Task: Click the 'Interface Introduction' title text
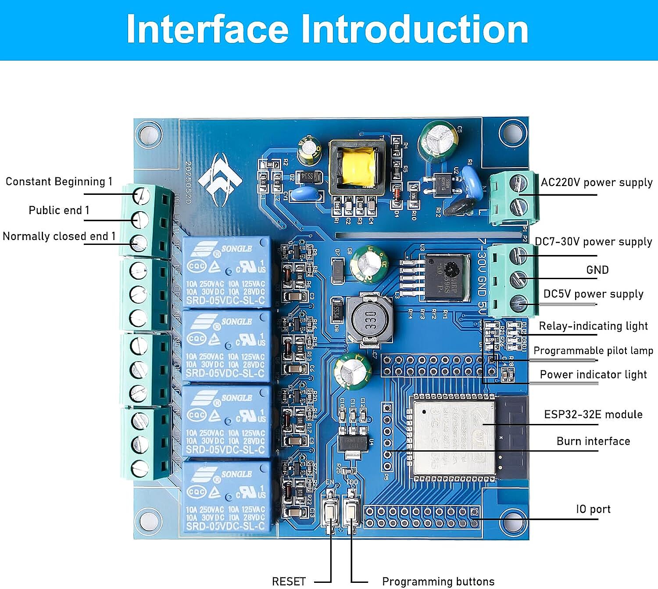click(327, 29)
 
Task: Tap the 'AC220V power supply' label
click(596, 182)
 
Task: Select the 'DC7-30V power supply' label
click(593, 241)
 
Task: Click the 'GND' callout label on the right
click(597, 270)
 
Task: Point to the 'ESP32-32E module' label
click(593, 414)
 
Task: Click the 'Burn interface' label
click(593, 441)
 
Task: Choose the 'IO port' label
click(593, 509)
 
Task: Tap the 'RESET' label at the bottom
click(288, 581)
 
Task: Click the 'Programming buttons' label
click(438, 581)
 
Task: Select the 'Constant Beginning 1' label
click(59, 182)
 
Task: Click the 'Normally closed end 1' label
click(59, 236)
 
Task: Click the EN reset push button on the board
click(330, 511)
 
